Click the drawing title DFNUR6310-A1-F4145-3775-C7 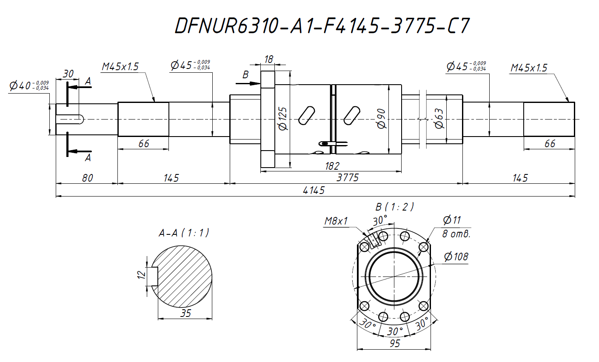coord(322,26)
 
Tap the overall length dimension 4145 coord(314,191)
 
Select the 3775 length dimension coord(348,177)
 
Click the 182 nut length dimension coord(332,166)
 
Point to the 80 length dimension coord(87,178)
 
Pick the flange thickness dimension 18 coord(268,60)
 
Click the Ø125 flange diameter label coord(282,119)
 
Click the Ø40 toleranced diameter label coord(29,86)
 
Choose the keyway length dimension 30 coord(68,74)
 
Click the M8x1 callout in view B coord(336,221)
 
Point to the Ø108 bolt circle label coord(456,257)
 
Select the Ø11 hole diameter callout coord(452,220)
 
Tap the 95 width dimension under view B coord(395,343)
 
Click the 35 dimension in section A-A coord(185,314)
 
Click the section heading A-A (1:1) coord(184,233)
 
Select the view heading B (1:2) coord(394,207)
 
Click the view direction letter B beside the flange coord(245,75)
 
